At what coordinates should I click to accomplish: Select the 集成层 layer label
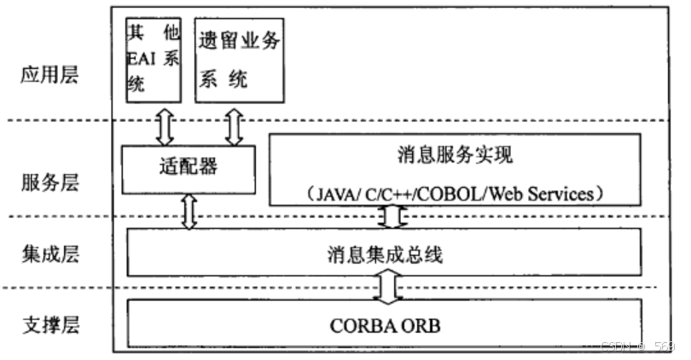(x=49, y=253)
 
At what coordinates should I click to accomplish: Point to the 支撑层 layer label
(x=49, y=325)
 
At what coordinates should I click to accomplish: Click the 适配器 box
(x=188, y=168)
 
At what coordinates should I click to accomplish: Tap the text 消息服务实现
(x=454, y=156)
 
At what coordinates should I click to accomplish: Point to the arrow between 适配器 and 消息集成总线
(x=189, y=212)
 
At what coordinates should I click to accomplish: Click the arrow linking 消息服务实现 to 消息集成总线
(x=391, y=217)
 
